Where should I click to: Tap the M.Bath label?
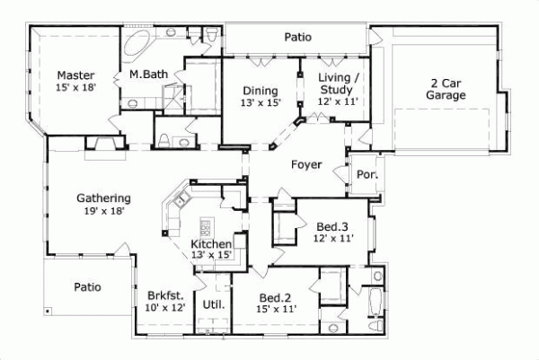point(146,75)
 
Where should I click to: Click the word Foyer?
point(305,164)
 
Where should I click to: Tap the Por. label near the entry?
point(366,174)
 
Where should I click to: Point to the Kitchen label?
point(212,244)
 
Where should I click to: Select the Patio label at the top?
point(297,38)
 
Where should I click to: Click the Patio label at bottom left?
point(87,287)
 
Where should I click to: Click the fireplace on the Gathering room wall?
point(100,146)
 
